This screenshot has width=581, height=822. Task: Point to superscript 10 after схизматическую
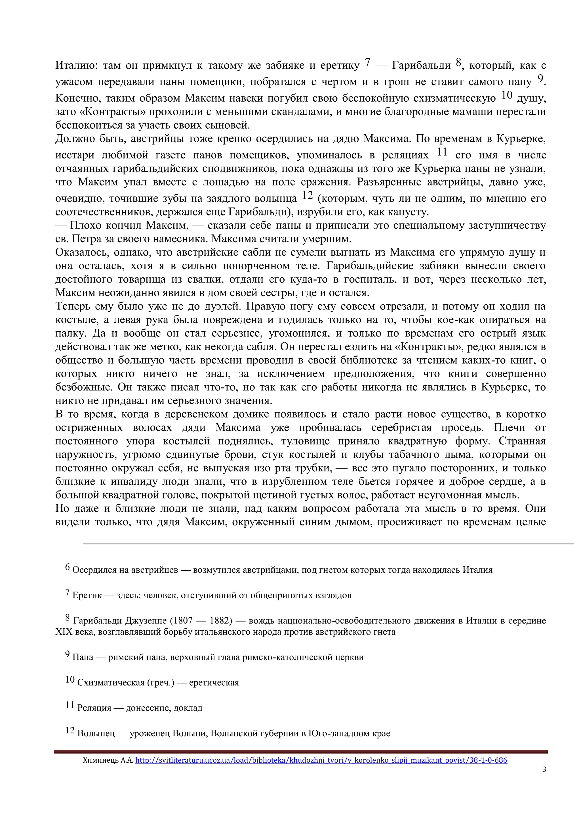pos(507,95)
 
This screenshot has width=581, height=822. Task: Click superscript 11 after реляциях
pos(442,152)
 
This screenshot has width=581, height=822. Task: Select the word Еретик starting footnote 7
pos(87,595)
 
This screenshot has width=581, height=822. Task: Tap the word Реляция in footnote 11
pos(94,708)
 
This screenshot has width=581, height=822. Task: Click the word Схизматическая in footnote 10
pos(111,682)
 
